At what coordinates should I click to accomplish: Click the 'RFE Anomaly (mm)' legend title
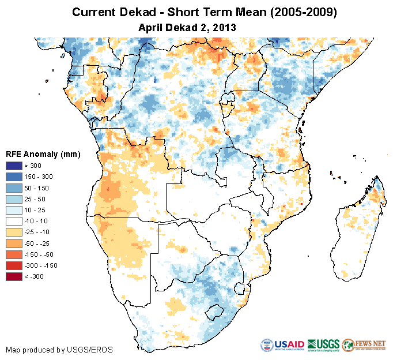[43, 155]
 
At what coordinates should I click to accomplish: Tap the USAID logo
[282, 345]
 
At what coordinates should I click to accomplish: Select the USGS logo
[323, 345]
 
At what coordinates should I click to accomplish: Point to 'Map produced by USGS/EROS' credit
[59, 350]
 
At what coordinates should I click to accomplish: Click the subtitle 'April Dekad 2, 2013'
[188, 27]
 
